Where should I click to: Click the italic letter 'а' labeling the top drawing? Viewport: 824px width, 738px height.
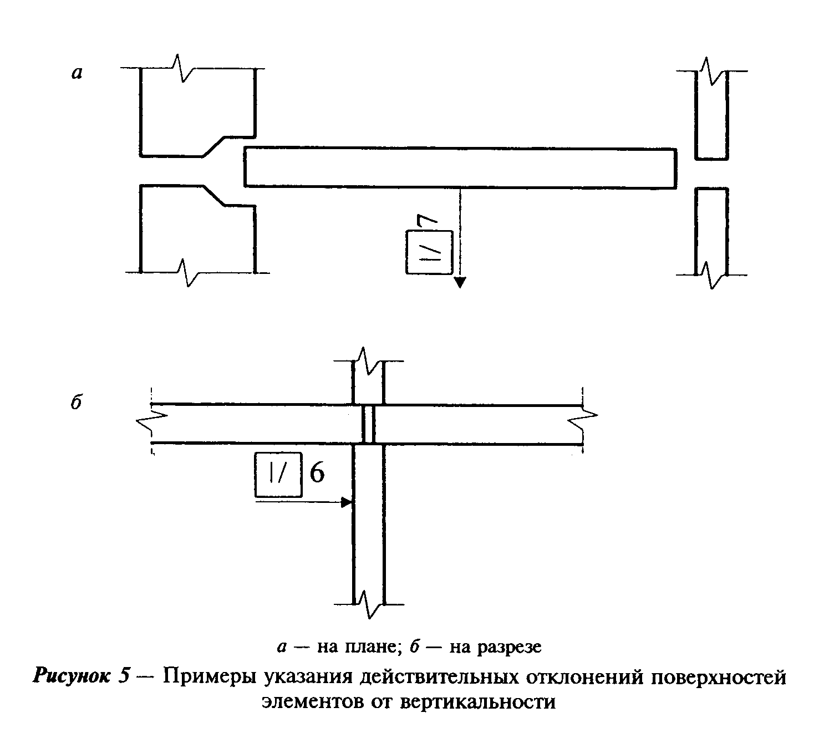77,73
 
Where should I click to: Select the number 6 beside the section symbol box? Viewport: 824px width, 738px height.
317,474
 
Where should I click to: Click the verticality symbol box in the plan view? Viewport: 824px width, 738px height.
429,252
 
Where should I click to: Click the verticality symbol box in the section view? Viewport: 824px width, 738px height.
278,475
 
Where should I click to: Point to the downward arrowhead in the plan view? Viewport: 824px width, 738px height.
460,282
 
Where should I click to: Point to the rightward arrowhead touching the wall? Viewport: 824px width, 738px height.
347,502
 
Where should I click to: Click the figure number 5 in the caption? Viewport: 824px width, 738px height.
124,676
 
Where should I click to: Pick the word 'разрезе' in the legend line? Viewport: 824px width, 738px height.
509,647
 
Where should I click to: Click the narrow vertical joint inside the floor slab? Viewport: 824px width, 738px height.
368,424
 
